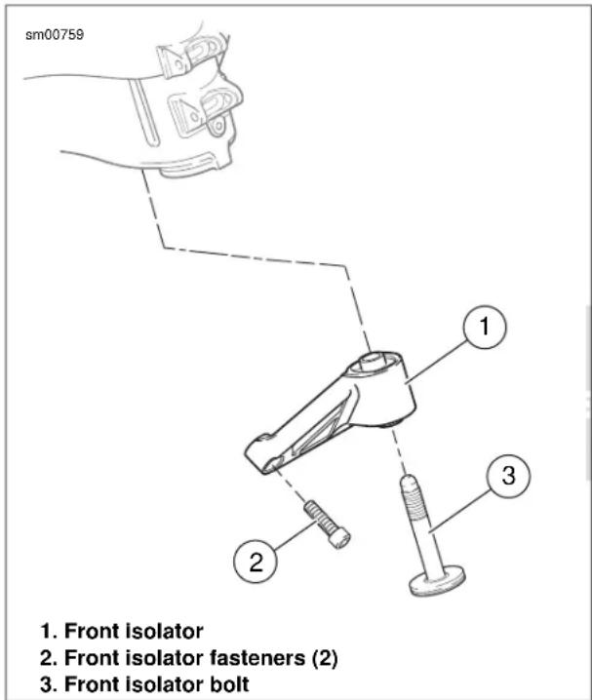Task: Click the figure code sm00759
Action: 55,35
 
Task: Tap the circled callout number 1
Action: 485,327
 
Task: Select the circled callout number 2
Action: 256,563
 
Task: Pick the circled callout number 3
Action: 508,475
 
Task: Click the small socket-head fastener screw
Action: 328,524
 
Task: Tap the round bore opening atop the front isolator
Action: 375,361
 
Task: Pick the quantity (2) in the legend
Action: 324,658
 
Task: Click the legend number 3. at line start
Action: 49,684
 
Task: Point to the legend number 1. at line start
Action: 49,632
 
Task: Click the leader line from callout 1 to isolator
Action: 436,362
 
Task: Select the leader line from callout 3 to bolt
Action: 460,510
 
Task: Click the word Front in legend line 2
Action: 93,658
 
